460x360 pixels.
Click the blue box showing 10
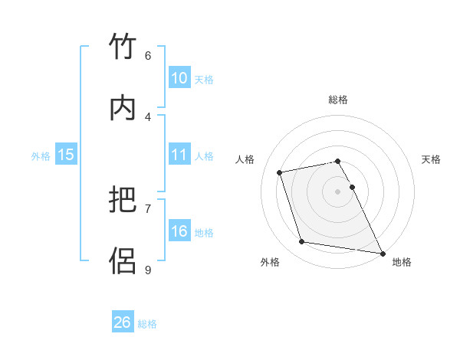pyautogui.click(x=179, y=78)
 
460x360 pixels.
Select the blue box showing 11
pyautogui.click(x=179, y=155)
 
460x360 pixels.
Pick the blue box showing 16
pyautogui.click(x=179, y=231)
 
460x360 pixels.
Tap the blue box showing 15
pyautogui.click(x=66, y=155)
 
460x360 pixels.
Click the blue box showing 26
pyautogui.click(x=123, y=322)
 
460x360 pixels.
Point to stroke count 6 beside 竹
pyautogui.click(x=148, y=55)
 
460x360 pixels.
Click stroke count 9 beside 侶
pyautogui.click(x=148, y=269)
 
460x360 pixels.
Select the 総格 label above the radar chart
pyautogui.click(x=338, y=100)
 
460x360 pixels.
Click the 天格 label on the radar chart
pyautogui.click(x=432, y=159)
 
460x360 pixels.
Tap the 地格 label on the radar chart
pyautogui.click(x=402, y=262)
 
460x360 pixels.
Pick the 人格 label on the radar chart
pyautogui.click(x=245, y=159)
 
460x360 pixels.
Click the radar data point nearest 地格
pyautogui.click(x=381, y=252)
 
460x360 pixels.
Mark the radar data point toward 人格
pyautogui.click(x=280, y=172)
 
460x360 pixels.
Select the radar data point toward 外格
pyautogui.click(x=302, y=242)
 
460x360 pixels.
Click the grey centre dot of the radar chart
pyautogui.click(x=338, y=191)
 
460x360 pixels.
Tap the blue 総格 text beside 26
pyautogui.click(x=147, y=324)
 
